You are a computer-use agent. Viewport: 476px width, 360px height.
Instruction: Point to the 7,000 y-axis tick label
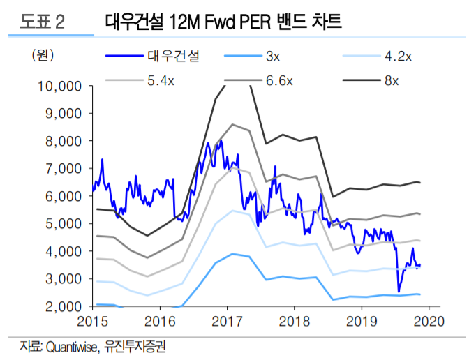[64, 169]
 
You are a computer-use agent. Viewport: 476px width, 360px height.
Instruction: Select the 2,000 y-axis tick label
[64, 306]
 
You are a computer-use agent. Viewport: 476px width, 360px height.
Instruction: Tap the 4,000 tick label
[64, 251]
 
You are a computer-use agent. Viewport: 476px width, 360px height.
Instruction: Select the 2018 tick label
[293, 321]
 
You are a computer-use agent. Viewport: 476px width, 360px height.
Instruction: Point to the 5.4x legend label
[161, 81]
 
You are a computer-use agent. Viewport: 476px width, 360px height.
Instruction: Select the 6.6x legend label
[280, 81]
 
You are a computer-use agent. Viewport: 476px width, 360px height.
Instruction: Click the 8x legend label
[392, 81]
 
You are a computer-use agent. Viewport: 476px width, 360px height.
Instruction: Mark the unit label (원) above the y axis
[43, 54]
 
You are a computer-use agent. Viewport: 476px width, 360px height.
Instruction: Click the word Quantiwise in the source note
[70, 346]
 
